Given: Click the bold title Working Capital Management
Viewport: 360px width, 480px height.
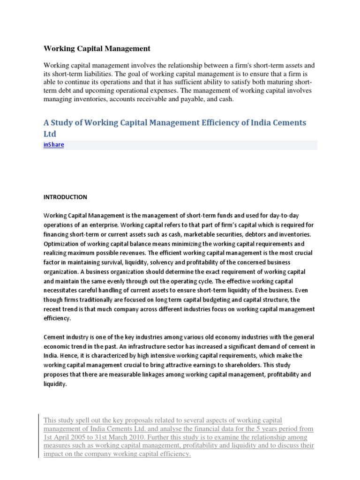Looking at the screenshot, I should pyautogui.click(x=97, y=48).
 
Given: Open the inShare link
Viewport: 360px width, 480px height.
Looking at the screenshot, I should pyautogui.click(x=53, y=145).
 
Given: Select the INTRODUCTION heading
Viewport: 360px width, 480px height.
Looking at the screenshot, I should pyautogui.click(x=65, y=197).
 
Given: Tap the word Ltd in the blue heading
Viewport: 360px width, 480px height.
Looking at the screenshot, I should pyautogui.click(x=49, y=134).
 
